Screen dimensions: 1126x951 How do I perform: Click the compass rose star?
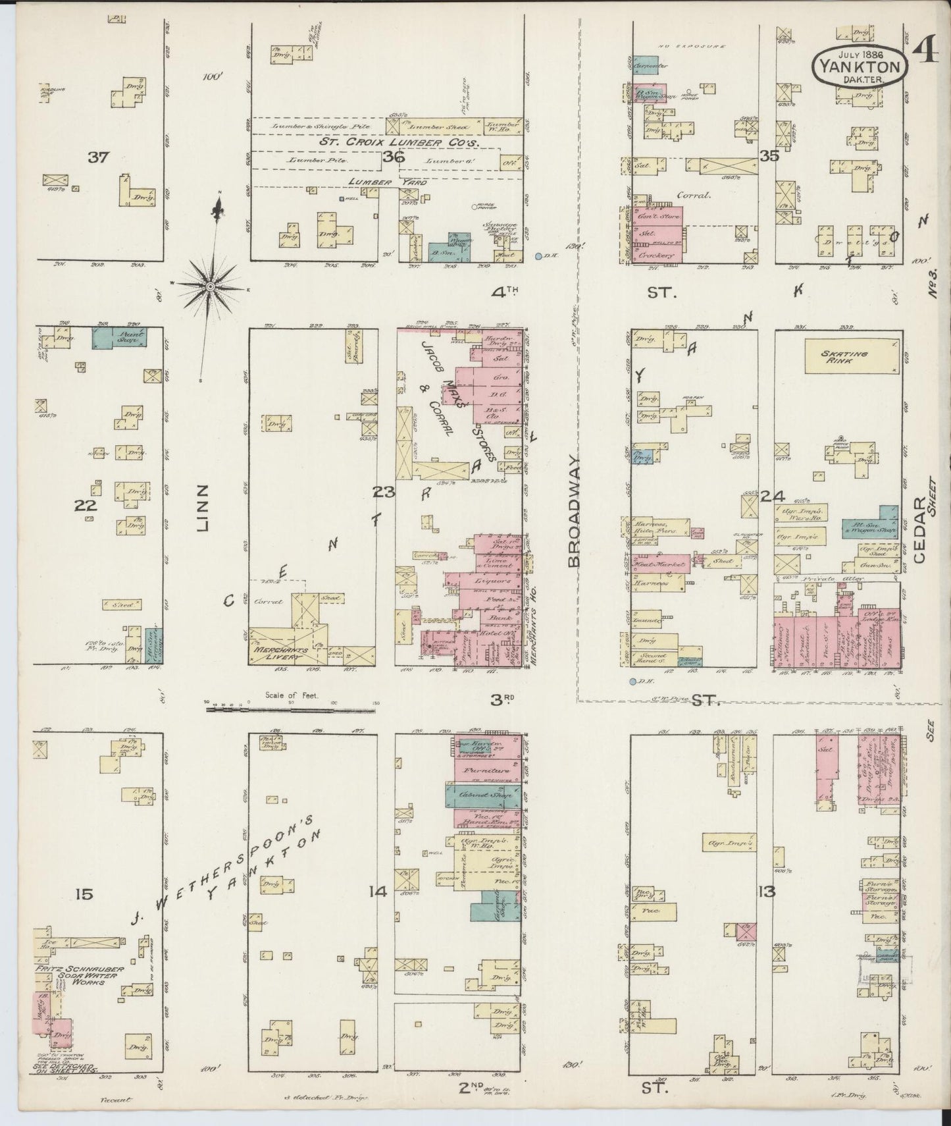point(210,286)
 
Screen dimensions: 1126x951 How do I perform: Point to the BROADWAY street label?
point(575,510)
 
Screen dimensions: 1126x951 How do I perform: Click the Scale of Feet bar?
point(291,710)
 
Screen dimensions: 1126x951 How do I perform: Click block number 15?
point(84,894)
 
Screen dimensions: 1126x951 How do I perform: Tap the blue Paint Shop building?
point(119,337)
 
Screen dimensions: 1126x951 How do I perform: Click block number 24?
point(771,496)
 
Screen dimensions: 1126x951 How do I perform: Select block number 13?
point(767,892)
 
